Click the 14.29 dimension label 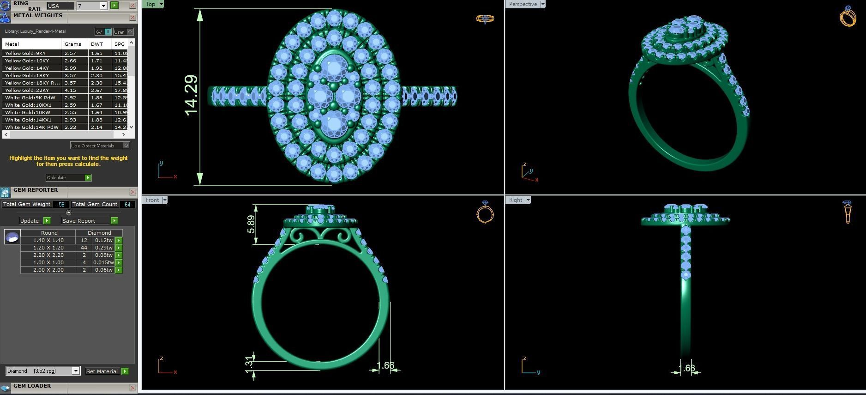tap(191, 95)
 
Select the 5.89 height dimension tap(251, 225)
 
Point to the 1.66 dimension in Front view tap(385, 366)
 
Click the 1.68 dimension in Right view tap(687, 368)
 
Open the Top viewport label tap(150, 4)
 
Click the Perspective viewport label tap(523, 4)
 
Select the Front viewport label tap(152, 200)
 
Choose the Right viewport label tap(516, 200)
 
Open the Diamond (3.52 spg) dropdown tap(42, 371)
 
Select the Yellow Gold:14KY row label tap(27, 68)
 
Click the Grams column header tap(73, 44)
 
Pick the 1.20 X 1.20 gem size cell tap(48, 248)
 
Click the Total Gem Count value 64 tap(127, 204)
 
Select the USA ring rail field tap(60, 6)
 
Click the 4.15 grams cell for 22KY tap(70, 90)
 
